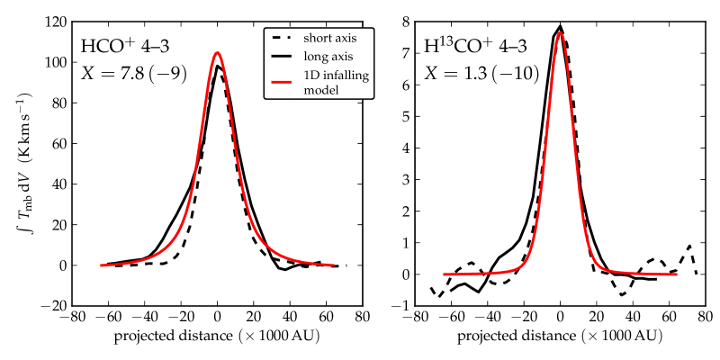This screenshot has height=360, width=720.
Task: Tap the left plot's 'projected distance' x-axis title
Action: pos(216,337)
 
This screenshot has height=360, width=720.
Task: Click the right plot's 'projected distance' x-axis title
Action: pos(560,337)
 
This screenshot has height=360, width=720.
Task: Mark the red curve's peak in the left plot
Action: pos(218,52)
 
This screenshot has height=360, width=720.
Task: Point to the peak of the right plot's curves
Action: pos(560,27)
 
